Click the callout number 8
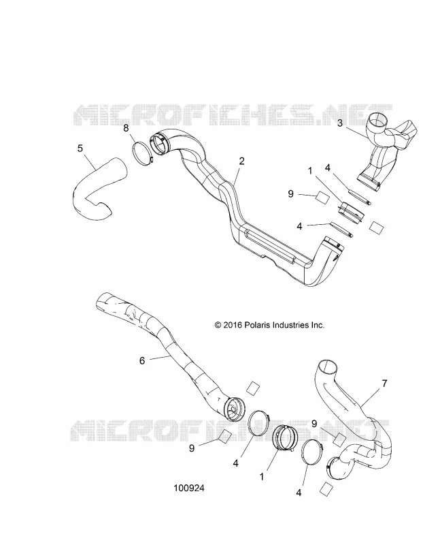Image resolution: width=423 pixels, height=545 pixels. point(126,128)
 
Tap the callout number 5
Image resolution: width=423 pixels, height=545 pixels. point(80,149)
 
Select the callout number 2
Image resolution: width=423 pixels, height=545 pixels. point(241,161)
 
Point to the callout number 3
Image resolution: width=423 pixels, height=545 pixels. point(340,123)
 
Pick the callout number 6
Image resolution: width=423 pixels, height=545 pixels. point(142,361)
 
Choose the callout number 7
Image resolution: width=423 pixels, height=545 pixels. point(384,384)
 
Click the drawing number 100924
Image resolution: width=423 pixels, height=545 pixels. point(189,488)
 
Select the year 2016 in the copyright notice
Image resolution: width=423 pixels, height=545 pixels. point(233,325)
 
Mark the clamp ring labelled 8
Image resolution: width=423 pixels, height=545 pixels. point(142,153)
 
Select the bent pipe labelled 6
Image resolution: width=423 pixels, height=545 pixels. point(167,351)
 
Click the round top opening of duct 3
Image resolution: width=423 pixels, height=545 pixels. point(377,121)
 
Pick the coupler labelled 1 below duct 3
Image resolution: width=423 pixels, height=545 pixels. point(350,211)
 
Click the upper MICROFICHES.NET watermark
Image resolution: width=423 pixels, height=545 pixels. point(233,114)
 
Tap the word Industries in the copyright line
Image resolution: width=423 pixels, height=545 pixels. point(290,325)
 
